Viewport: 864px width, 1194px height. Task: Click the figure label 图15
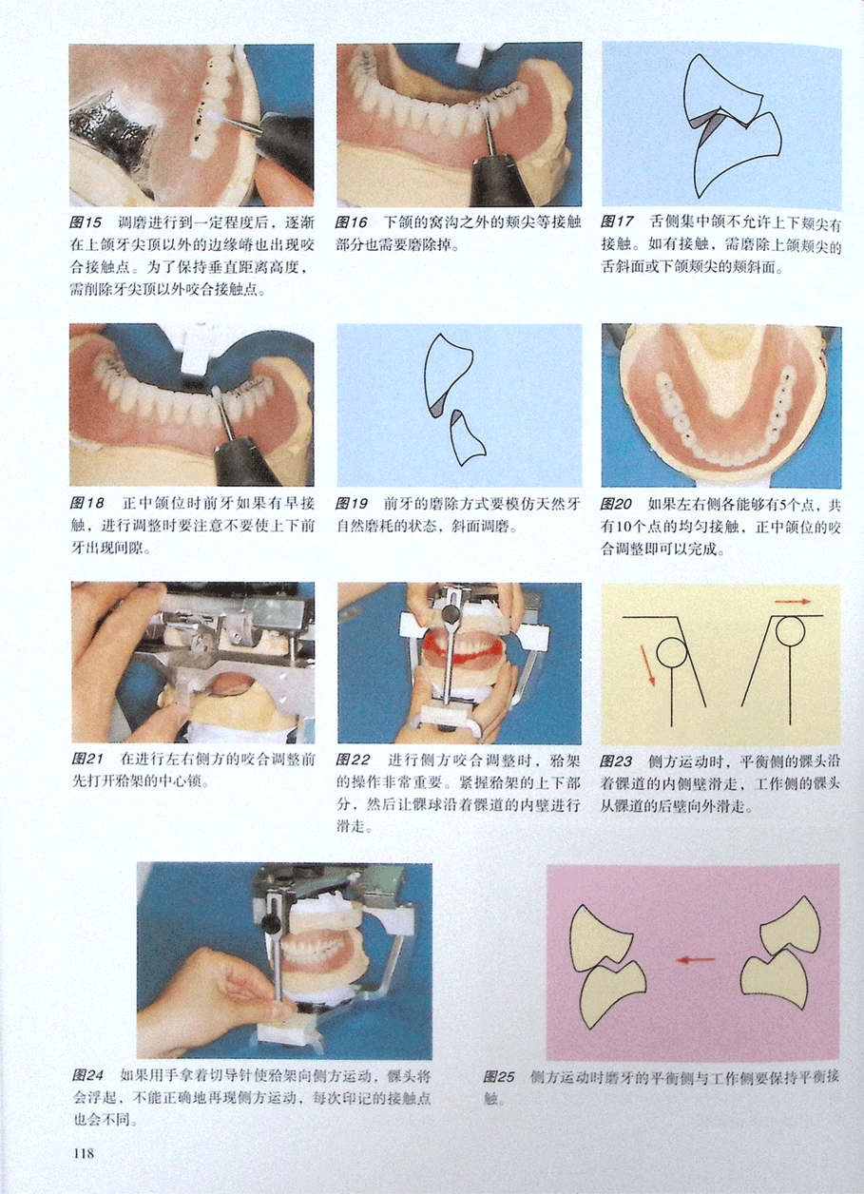tap(86, 222)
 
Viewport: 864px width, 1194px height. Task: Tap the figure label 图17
tap(617, 222)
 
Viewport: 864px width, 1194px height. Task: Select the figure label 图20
tap(616, 504)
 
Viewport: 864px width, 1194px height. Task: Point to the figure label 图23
tap(616, 761)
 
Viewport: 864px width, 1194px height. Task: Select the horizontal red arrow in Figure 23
tap(793, 602)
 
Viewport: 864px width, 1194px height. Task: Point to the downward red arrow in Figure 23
tap(647, 665)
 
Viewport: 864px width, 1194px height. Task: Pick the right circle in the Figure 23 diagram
tap(789, 630)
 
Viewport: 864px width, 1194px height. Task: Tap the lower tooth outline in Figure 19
tap(467, 438)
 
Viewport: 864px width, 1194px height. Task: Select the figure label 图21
tap(87, 759)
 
